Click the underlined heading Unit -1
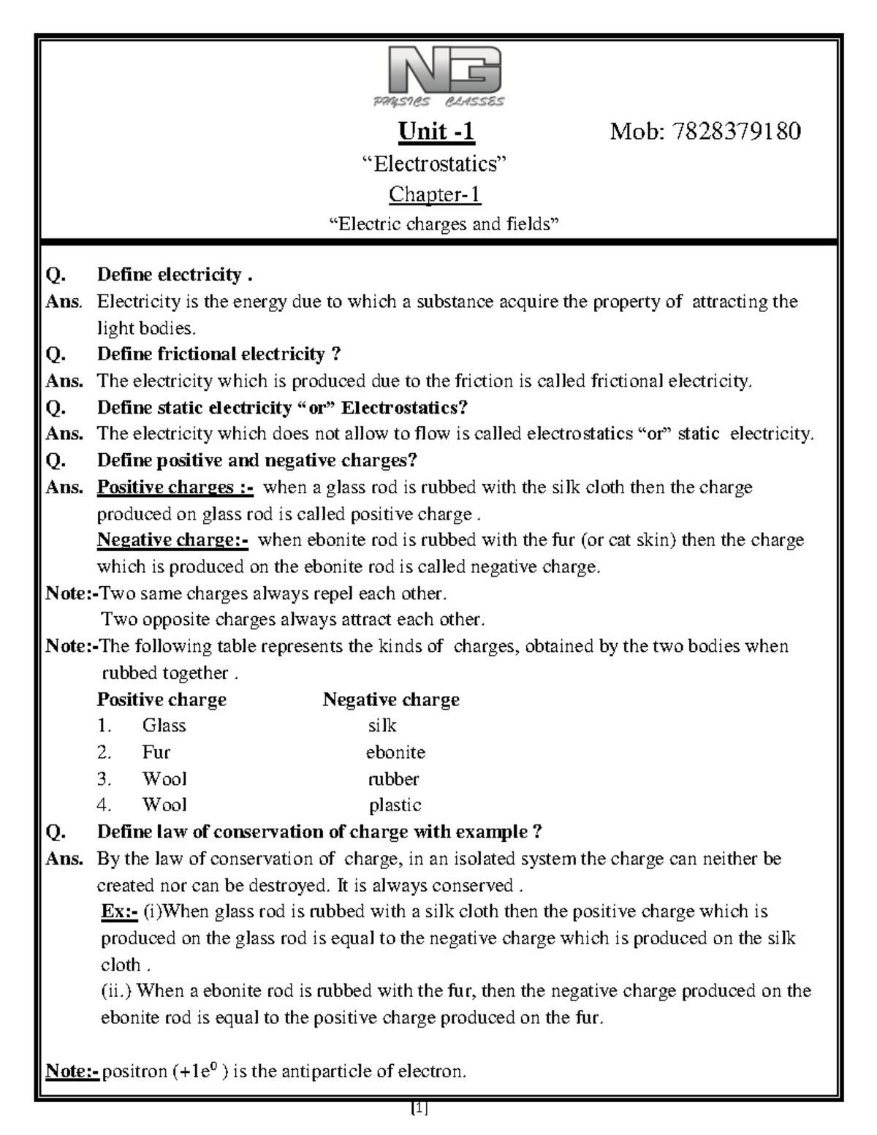click(x=436, y=132)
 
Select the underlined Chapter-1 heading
click(x=435, y=194)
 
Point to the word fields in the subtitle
click(x=531, y=224)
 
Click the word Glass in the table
click(x=164, y=726)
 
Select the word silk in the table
click(x=382, y=726)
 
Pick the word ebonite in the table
click(x=395, y=752)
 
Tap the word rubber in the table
click(x=393, y=778)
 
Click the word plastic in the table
click(x=395, y=805)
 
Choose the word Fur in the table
click(x=156, y=752)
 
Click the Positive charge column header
click(x=162, y=699)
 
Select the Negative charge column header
click(x=391, y=699)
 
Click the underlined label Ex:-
click(x=119, y=911)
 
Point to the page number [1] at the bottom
click(x=419, y=1109)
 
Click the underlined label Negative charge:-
click(x=172, y=540)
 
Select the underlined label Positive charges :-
click(x=176, y=487)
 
